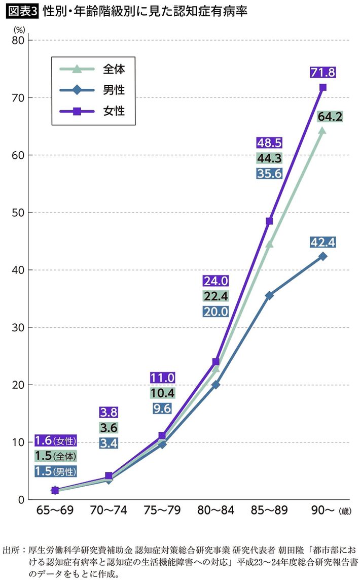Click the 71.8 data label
click(x=322, y=73)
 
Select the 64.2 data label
click(x=330, y=117)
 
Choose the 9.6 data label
click(x=162, y=407)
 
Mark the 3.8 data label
click(x=109, y=412)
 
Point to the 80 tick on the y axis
click(x=19, y=40)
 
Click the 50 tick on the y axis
click(x=19, y=213)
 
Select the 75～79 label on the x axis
click(x=162, y=510)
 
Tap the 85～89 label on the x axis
click(x=269, y=510)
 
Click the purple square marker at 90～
click(x=322, y=87)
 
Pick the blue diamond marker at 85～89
click(x=269, y=295)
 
